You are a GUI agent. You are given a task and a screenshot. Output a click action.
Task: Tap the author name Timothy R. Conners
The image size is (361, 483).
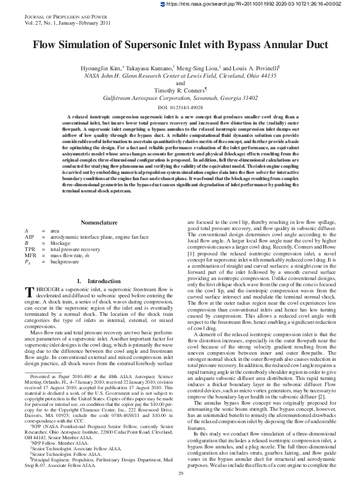179,89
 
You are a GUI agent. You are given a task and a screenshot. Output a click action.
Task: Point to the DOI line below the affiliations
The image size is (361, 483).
180,107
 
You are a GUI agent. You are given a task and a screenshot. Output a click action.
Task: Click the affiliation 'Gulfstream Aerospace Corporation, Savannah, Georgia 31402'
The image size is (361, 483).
180,97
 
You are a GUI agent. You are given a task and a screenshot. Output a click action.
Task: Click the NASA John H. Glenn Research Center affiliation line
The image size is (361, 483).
180,74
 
